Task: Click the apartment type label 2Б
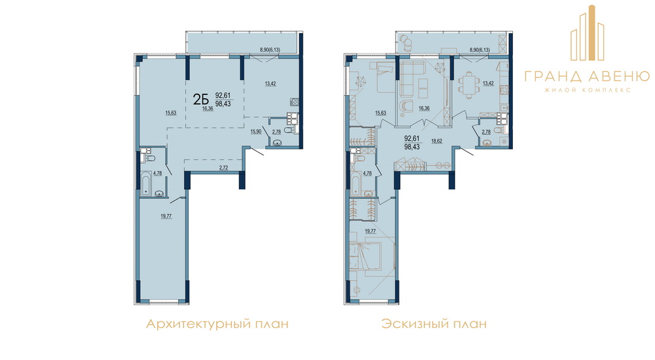[200, 99]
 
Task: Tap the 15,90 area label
[255, 132]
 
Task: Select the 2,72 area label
[223, 168]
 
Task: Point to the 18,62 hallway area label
[436, 141]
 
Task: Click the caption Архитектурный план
[217, 324]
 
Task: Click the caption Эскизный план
[434, 324]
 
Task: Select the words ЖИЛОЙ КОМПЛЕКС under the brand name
[587, 90]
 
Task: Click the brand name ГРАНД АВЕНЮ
[587, 76]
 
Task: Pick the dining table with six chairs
[468, 84]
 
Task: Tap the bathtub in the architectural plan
[146, 184]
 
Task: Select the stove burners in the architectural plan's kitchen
[294, 101]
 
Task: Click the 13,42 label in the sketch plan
[488, 83]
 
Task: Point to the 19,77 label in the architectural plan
[166, 216]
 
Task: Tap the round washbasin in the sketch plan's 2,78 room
[487, 143]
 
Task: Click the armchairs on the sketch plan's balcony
[406, 41]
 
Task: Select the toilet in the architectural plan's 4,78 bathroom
[149, 158]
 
